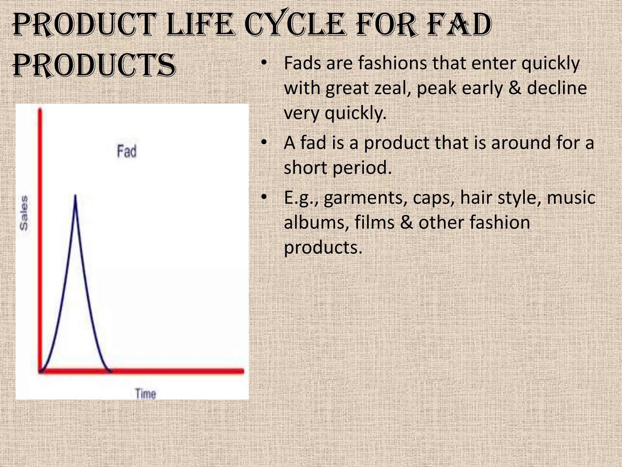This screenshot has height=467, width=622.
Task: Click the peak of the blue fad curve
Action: (x=75, y=195)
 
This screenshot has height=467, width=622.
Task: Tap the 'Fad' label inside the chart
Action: (x=127, y=151)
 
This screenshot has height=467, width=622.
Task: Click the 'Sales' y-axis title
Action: (x=24, y=213)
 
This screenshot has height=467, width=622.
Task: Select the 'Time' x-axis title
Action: (x=145, y=394)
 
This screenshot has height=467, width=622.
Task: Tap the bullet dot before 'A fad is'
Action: (x=264, y=142)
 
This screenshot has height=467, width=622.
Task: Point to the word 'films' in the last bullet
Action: (x=374, y=222)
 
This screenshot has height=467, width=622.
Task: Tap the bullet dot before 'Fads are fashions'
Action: (x=264, y=63)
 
